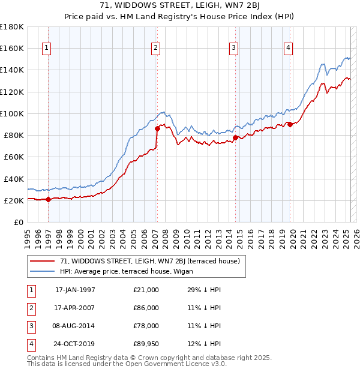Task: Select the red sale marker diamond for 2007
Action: click(157, 128)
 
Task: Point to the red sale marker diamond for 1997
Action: click(49, 200)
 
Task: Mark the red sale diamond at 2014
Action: click(235, 137)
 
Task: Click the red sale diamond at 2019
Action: click(290, 124)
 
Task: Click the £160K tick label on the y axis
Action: click(12, 48)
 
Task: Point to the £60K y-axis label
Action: click(14, 157)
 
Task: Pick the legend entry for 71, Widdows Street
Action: click(150, 261)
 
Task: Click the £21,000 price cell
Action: click(146, 290)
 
